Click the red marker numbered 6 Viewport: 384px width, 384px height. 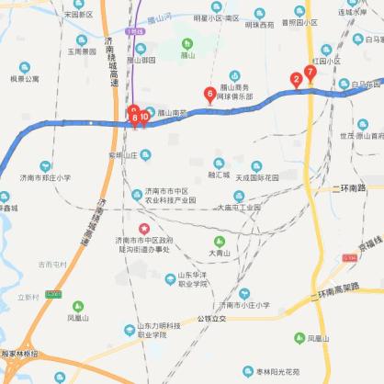210,94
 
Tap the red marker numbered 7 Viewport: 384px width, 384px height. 311,72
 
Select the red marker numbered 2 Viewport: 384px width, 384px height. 296,79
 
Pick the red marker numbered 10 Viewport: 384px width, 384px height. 144,117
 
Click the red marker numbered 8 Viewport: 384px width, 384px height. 135,118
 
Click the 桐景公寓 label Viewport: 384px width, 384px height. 25,79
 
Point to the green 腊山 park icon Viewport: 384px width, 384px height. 187,43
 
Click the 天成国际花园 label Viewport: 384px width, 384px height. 262,176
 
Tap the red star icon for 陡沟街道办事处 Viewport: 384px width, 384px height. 142,228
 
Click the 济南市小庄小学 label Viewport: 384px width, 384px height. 243,304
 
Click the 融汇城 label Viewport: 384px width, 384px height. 219,175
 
